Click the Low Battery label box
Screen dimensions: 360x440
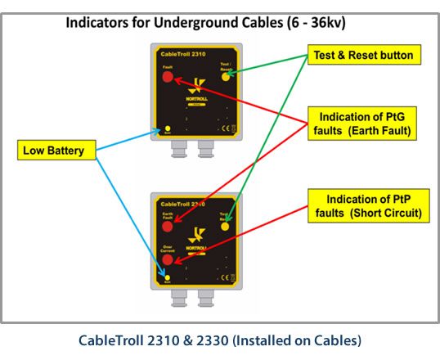click(x=55, y=150)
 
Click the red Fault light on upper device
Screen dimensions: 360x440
click(x=168, y=77)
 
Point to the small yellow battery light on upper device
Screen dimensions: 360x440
click(x=168, y=128)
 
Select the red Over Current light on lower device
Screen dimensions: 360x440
click(x=168, y=260)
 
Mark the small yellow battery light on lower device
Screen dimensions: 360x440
click(x=167, y=277)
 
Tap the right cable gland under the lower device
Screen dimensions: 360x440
click(x=205, y=299)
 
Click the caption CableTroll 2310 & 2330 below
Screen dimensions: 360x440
click(x=220, y=339)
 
